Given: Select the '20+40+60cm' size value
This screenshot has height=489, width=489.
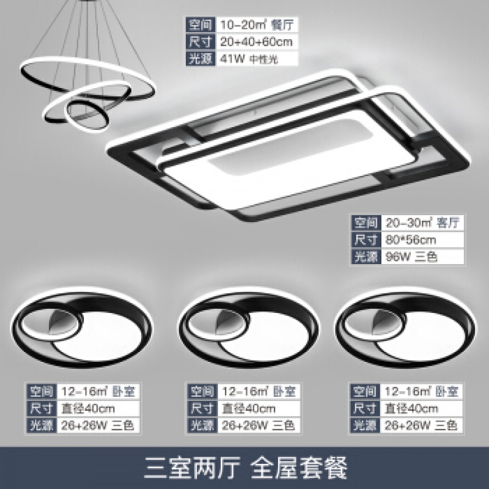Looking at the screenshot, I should [256, 42].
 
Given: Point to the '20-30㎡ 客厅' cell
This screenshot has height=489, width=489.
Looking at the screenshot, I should [422, 222].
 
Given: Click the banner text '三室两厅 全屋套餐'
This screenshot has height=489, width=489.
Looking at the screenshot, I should [245, 467].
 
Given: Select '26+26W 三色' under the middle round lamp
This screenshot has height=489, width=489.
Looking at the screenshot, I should [257, 425].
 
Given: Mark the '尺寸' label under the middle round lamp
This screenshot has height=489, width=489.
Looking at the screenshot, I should [202, 408].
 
